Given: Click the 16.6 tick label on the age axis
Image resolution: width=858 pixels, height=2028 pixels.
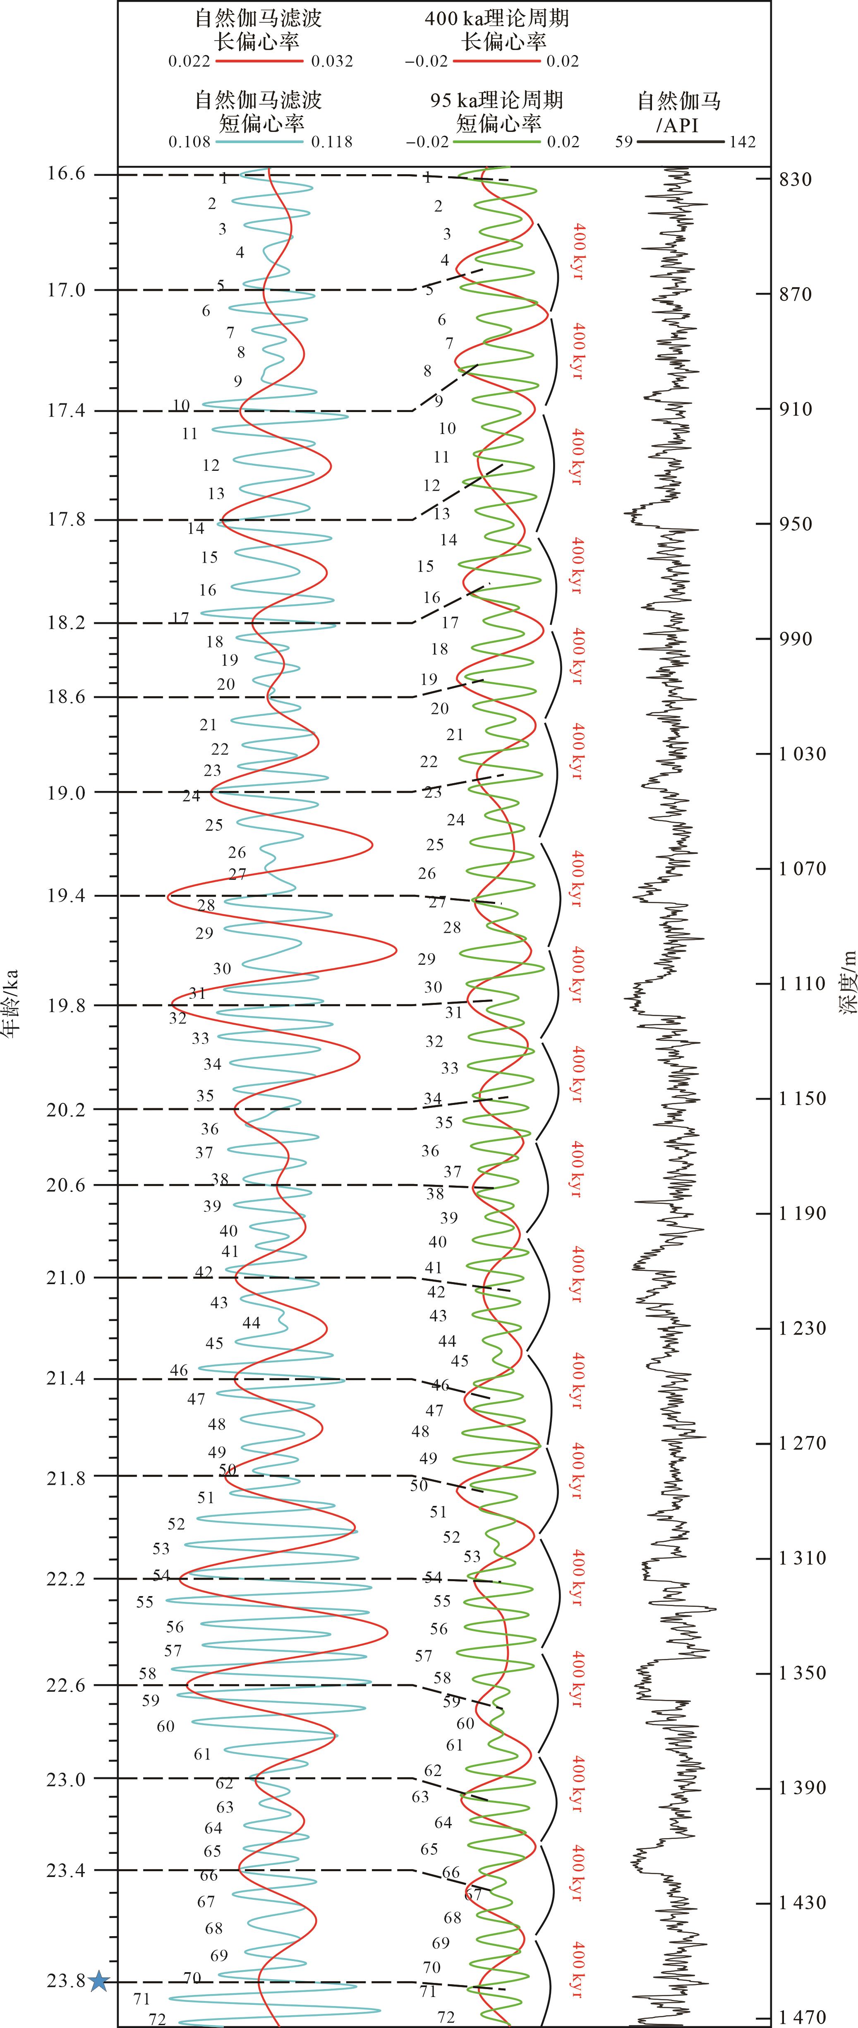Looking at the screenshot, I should (65, 174).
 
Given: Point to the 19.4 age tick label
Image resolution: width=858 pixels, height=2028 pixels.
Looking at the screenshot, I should (65, 896).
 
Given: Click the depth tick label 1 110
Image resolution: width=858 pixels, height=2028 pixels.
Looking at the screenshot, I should (802, 983).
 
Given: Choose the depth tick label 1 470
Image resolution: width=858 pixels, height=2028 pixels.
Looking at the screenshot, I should (802, 2017).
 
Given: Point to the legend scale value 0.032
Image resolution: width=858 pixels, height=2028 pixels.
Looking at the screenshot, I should (331, 61).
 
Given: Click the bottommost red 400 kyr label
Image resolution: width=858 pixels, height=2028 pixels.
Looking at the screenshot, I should (579, 1969).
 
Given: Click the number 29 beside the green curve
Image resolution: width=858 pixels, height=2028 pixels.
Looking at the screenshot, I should (427, 959).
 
